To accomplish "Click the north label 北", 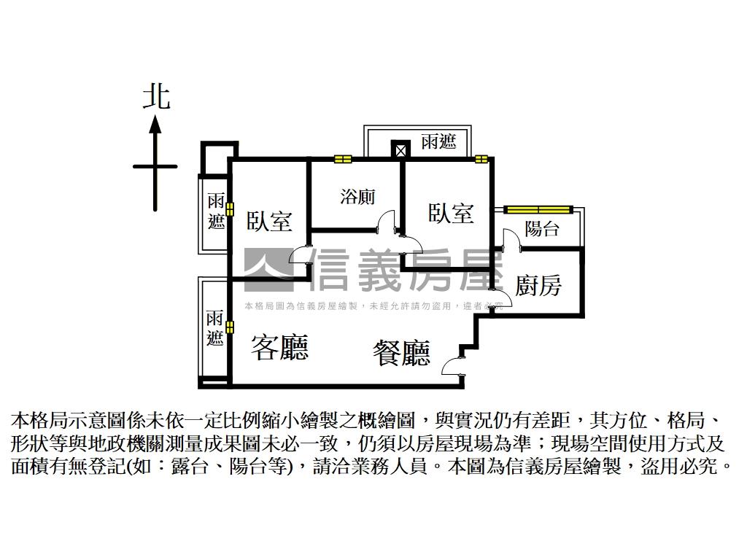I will click(x=155, y=97).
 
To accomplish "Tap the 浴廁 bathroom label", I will click(x=357, y=196).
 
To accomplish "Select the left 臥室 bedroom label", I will click(x=269, y=221).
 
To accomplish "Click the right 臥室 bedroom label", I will click(x=451, y=213).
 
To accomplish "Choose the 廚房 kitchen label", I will click(x=538, y=285).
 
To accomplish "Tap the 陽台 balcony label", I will click(x=542, y=229).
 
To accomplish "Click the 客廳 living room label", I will click(x=279, y=347).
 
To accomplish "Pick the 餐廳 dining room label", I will click(x=401, y=353).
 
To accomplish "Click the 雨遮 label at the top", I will click(x=438, y=141).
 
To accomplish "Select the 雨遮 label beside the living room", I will click(x=214, y=328).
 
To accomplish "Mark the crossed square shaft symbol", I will click(x=400, y=149).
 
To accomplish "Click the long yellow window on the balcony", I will click(x=540, y=210).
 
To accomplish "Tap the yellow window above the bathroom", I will click(x=343, y=158).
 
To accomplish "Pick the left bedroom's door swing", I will click(x=300, y=254).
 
